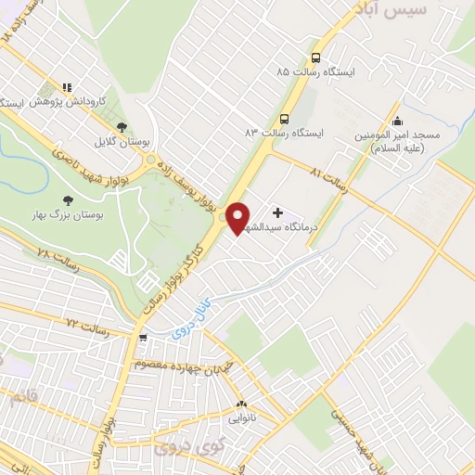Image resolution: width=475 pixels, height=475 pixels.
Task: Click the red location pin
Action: (238, 217)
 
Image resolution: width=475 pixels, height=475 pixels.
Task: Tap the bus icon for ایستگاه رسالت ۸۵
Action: (316, 57)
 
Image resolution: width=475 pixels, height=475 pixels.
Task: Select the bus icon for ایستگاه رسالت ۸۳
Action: (284, 118)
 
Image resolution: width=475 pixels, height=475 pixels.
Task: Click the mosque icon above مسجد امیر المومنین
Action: (398, 121)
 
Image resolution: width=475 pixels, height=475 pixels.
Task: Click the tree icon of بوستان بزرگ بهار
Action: (68, 199)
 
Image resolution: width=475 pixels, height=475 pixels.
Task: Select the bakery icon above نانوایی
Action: (240, 404)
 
